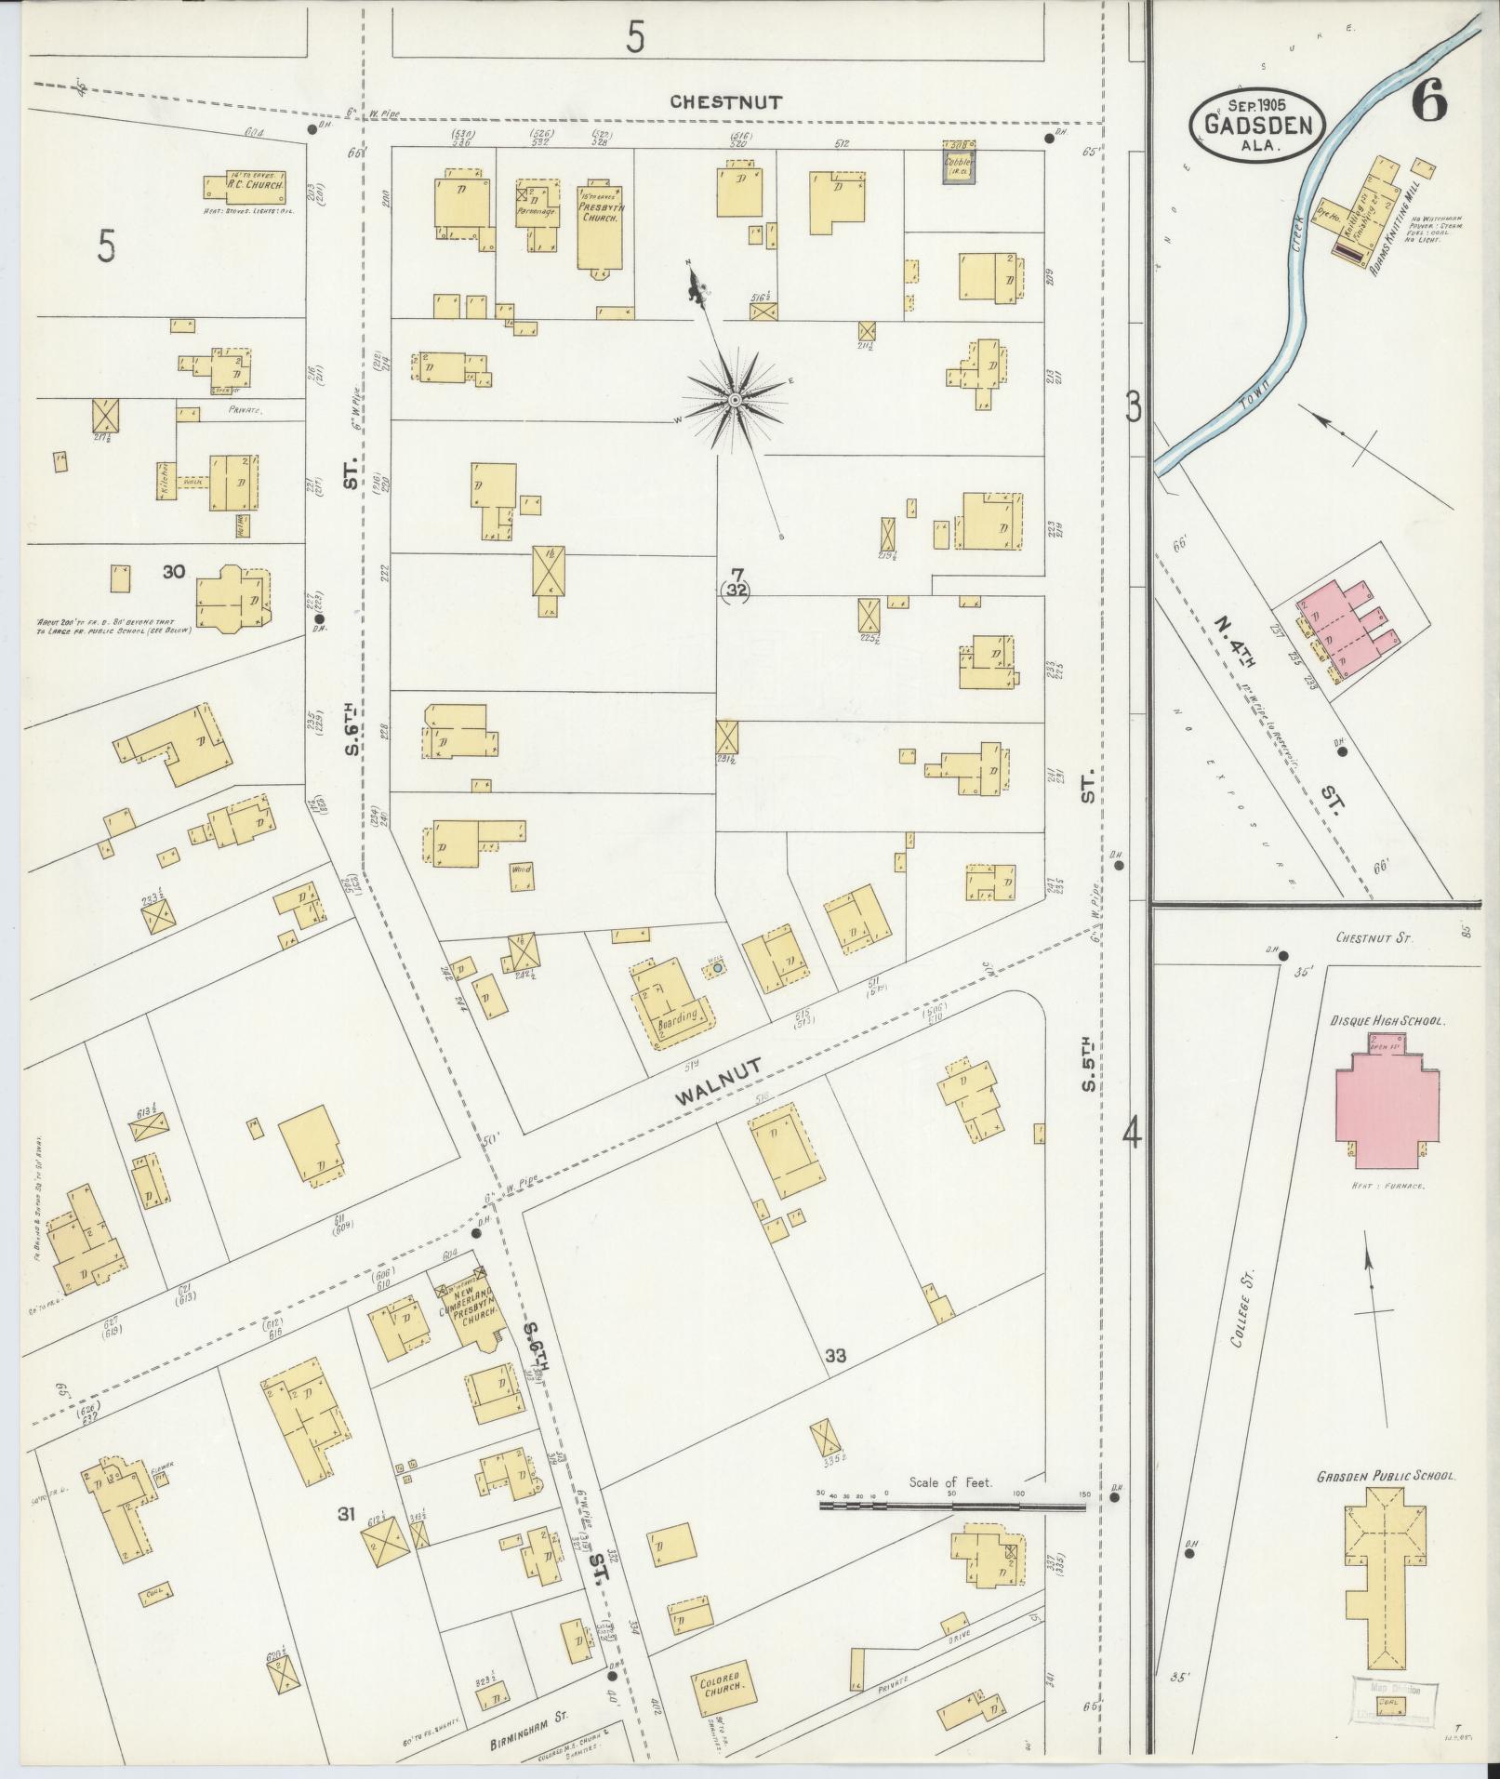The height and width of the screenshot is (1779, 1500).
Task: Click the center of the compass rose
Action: click(x=735, y=400)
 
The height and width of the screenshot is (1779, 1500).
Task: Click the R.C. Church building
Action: click(x=245, y=185)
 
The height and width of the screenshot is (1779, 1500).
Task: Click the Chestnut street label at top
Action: click(x=727, y=101)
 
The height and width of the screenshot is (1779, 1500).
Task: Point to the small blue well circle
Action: click(x=718, y=969)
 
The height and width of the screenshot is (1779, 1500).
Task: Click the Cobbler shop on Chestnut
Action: click(x=959, y=164)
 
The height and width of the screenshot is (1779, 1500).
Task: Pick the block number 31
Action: click(x=347, y=1515)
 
